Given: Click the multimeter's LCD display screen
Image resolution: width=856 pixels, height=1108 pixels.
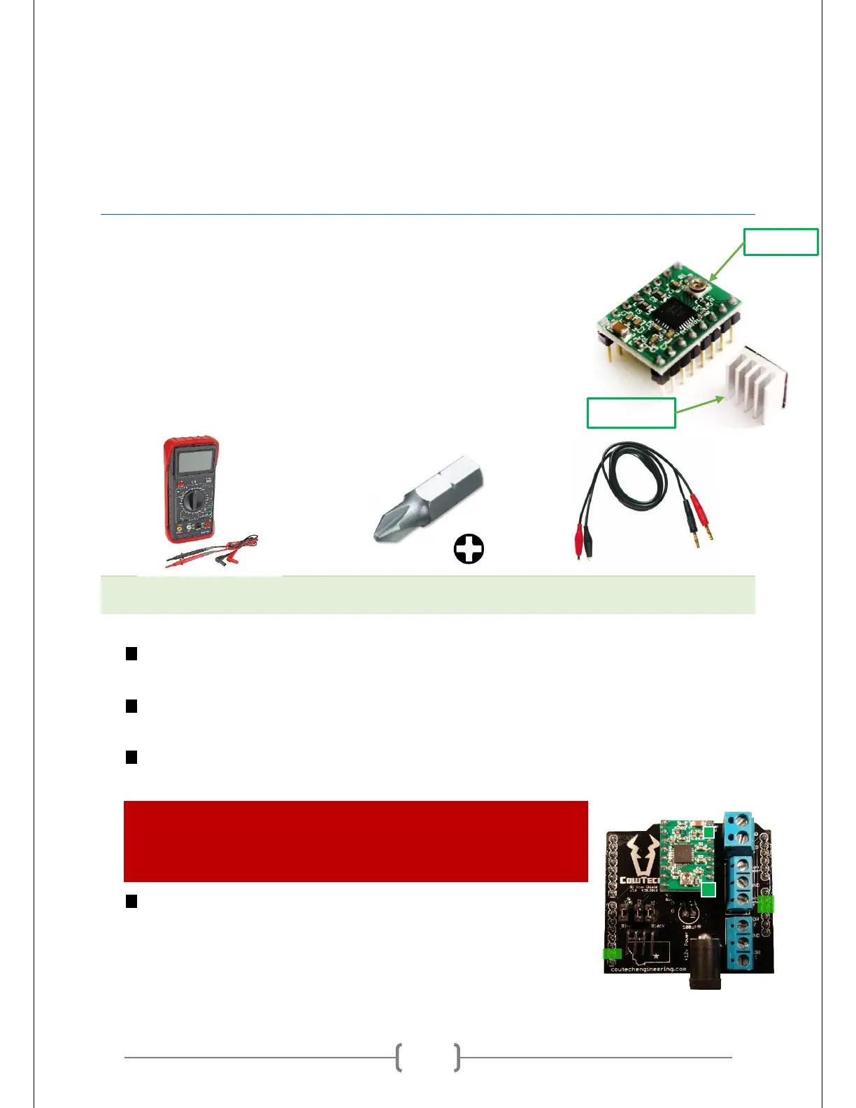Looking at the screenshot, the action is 195,462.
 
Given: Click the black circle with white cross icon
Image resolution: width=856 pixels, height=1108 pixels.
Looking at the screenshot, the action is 469,549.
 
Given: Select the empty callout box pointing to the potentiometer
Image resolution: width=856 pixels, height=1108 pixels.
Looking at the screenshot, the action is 780,242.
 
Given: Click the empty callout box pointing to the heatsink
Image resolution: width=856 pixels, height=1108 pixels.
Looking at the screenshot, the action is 631,413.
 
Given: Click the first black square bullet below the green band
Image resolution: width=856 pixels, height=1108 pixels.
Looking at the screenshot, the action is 131,654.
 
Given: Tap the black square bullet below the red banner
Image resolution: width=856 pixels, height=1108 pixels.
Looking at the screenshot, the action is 131,901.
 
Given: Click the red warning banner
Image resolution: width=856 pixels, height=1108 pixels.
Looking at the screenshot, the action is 355,841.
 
